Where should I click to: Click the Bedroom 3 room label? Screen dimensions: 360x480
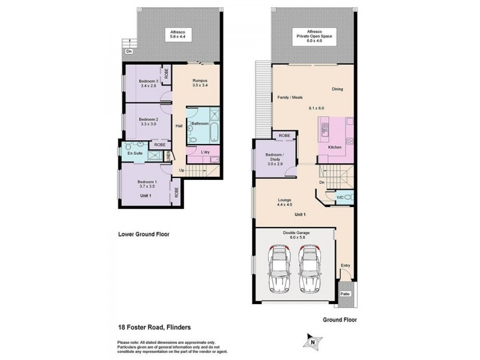tap(148, 81)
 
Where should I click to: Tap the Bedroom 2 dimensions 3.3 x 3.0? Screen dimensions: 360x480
tap(148, 124)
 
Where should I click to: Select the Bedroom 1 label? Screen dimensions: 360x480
tap(147, 182)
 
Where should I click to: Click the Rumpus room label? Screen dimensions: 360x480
tap(200, 80)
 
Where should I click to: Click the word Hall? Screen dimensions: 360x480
tap(179, 126)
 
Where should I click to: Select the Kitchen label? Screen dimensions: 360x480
tap(335, 147)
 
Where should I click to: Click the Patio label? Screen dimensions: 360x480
tap(345, 293)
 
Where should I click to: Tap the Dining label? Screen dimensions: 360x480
tap(337, 89)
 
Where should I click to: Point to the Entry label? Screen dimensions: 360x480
tap(346, 265)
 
